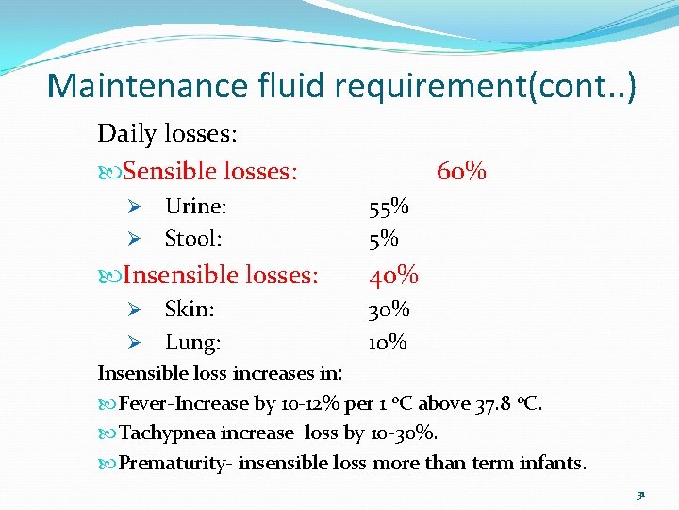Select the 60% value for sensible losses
[x=461, y=171]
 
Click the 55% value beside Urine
[x=389, y=207]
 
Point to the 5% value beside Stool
[x=383, y=239]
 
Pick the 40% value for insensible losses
[x=393, y=276]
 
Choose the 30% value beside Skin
[x=389, y=309]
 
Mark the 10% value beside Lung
[x=388, y=342]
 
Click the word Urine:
[x=195, y=206]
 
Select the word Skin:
[x=190, y=309]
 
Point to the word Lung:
[x=193, y=342]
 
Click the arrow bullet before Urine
[x=134, y=207]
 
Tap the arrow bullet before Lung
[x=134, y=342]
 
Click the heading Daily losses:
[x=167, y=133]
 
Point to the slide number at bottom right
[x=640, y=494]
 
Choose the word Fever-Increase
[x=184, y=403]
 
